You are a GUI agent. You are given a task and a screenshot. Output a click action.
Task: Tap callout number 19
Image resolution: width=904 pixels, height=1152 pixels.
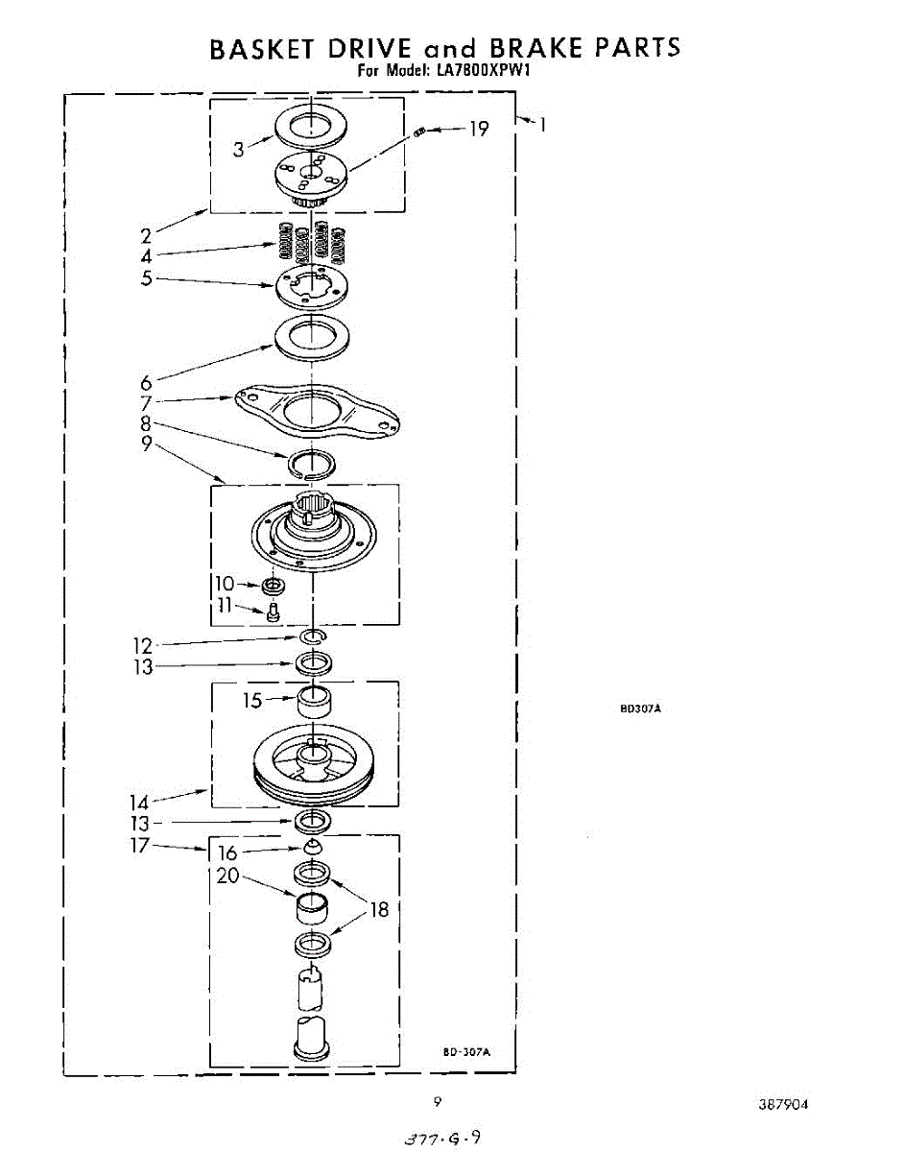(478, 128)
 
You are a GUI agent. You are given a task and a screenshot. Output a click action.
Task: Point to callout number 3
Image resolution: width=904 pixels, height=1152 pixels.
(239, 149)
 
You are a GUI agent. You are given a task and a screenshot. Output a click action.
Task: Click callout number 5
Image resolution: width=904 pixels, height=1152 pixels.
(147, 280)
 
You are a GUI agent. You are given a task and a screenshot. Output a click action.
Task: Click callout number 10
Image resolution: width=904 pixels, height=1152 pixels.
(224, 584)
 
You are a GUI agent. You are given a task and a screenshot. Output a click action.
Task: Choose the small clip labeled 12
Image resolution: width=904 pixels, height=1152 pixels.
(313, 637)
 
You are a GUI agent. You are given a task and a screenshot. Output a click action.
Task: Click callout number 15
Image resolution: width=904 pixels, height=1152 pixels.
(251, 702)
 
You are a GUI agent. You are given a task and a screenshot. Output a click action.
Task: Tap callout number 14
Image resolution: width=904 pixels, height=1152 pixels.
(140, 801)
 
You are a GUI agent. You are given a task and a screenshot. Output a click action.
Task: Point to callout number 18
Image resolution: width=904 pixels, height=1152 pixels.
(380, 909)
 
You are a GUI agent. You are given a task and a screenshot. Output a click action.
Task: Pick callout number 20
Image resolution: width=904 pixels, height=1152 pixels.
(227, 876)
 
